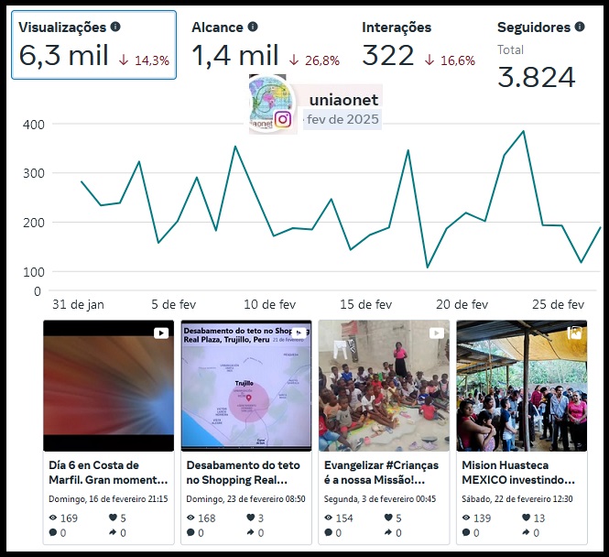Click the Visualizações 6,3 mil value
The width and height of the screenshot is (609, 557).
pos(63,56)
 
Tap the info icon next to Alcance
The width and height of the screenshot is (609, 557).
pos(253,27)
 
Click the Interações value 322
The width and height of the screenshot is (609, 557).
pos(388,56)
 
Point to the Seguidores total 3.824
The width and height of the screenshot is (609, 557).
pos(536,77)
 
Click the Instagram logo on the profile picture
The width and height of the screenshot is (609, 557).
pos(284,119)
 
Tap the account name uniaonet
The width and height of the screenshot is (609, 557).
pos(343,99)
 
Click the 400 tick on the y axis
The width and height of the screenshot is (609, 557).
pos(34,124)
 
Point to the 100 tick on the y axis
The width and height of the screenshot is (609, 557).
pos(34,272)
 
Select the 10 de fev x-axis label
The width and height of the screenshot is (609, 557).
pos(271,304)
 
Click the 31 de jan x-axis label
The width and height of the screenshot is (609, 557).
pos(78,304)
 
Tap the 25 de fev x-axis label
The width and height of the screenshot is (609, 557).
pos(559,304)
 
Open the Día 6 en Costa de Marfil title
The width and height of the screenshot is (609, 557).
pos(108,472)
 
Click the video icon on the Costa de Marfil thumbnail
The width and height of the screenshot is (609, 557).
pos(160,333)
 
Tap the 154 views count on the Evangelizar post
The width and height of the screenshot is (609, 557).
pos(344,518)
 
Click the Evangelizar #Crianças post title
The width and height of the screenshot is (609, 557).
pos(381,472)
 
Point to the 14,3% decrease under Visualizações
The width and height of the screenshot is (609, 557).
pos(144,60)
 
